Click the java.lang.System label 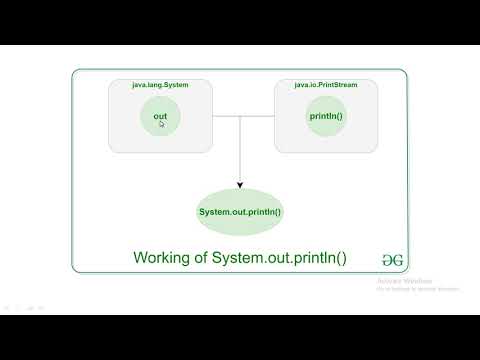(160, 85)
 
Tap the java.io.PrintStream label (326, 85)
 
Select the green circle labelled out (160, 117)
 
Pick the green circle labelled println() (326, 117)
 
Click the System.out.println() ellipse (240, 212)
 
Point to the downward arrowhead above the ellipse (240, 184)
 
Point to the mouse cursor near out (162, 124)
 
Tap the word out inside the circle (160, 117)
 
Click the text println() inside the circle (326, 117)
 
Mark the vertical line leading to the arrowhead (240, 150)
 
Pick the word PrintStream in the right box (337, 85)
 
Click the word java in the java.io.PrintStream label (302, 85)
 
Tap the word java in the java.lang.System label (140, 85)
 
